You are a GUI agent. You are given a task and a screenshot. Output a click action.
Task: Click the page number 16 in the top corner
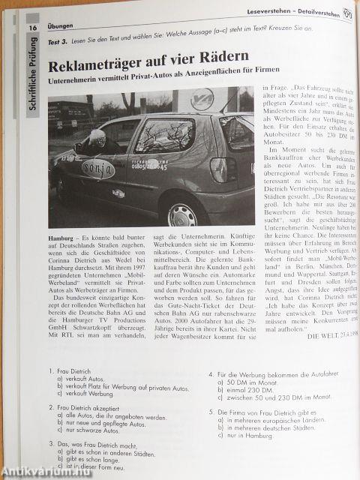click(x=33, y=28)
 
